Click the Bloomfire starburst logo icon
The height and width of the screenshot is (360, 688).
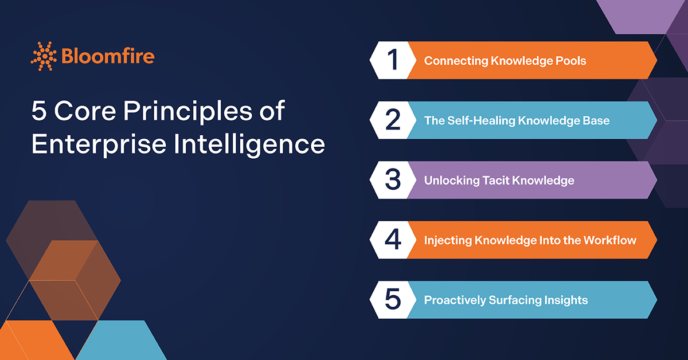click(44, 56)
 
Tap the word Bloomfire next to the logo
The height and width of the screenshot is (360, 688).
click(107, 56)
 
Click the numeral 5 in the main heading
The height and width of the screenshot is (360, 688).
click(39, 111)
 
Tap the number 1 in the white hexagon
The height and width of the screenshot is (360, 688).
click(392, 60)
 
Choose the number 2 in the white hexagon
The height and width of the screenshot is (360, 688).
click(393, 120)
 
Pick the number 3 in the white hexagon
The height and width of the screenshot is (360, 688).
click(393, 180)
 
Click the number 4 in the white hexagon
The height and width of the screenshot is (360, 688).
click(393, 240)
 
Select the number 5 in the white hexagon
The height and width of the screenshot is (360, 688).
click(393, 300)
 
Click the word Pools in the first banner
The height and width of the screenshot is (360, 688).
click(569, 60)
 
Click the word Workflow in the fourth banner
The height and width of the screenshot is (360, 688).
click(609, 240)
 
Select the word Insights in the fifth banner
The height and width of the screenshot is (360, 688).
click(567, 300)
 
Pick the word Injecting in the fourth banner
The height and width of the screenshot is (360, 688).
click(447, 240)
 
